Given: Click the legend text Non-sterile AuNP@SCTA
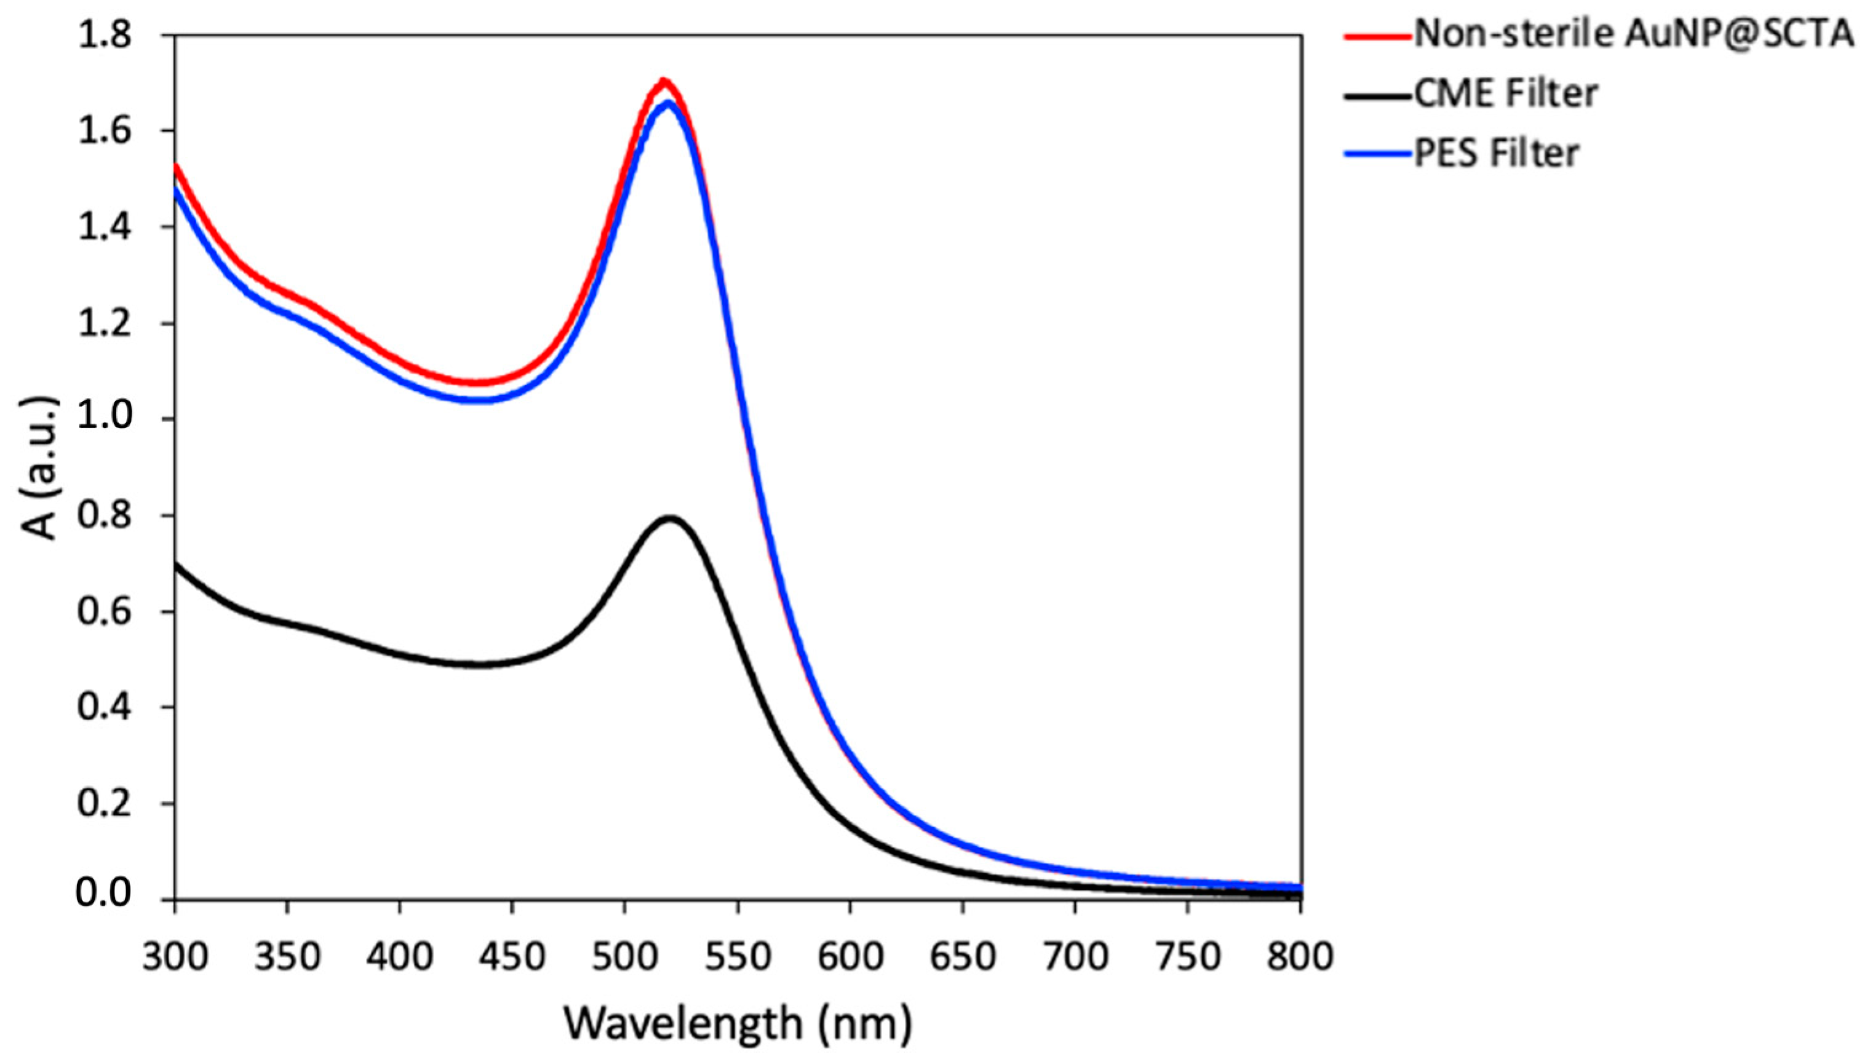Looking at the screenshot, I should pos(1633,34).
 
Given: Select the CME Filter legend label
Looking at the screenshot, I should pos(1506,94).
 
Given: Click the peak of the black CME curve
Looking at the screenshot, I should pos(670,518).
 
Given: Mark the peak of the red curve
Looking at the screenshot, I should pos(662,81).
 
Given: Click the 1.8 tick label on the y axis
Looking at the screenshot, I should pos(105,35).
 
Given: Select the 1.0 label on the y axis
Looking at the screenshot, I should pos(105,419).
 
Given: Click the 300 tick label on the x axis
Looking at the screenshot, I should pos(175,956).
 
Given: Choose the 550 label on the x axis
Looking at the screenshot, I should pos(738,956).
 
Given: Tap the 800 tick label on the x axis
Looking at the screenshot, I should pos(1300,956).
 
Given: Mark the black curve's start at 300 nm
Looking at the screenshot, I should pos(176,565).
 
